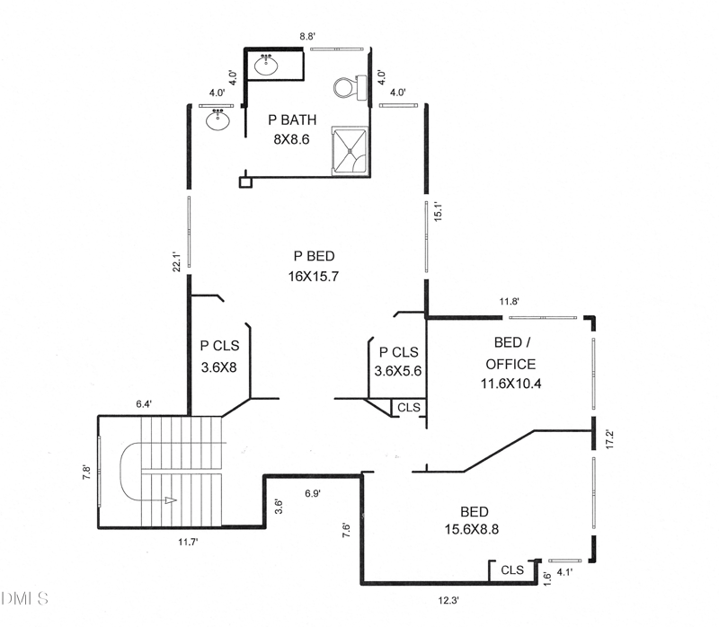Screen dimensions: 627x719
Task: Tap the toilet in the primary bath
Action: point(348,87)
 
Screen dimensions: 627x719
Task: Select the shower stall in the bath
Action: point(351,150)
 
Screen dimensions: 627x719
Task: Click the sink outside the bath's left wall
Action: point(219,119)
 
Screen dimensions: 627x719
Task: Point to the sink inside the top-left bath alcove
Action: point(266,65)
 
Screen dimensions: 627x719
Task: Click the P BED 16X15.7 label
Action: point(312,267)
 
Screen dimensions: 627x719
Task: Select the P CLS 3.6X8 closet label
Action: point(219,355)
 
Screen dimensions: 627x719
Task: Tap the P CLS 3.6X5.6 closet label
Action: point(398,361)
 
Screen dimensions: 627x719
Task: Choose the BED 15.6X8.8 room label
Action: point(474,520)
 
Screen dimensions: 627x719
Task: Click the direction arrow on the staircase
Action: point(172,501)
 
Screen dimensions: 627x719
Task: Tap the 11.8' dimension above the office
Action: point(510,303)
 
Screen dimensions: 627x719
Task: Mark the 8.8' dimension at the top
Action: point(307,37)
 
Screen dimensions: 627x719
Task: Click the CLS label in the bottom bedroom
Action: point(512,570)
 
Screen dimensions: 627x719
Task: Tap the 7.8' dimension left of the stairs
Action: point(86,471)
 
